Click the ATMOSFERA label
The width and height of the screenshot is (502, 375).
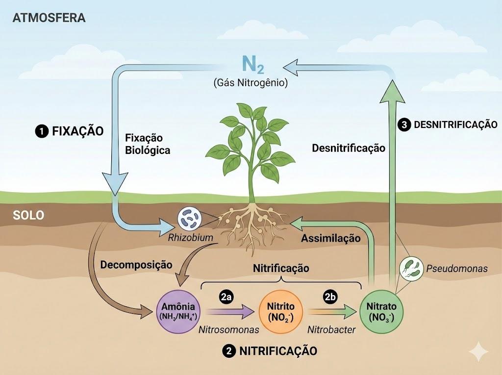click(49, 18)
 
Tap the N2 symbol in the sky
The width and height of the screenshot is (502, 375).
click(252, 65)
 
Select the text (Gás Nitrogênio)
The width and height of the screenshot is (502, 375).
click(251, 83)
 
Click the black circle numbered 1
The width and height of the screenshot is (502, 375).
click(42, 131)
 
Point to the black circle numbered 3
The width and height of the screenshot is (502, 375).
click(404, 125)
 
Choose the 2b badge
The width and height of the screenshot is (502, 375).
click(330, 297)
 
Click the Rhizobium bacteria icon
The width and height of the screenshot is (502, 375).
click(189, 219)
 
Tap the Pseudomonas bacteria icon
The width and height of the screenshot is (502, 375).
click(411, 269)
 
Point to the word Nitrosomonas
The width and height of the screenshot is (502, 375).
click(228, 329)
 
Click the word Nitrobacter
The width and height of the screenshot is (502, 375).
click(331, 329)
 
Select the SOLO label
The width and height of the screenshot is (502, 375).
click(28, 215)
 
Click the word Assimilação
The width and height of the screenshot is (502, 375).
click(331, 238)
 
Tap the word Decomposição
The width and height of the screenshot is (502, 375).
click(136, 265)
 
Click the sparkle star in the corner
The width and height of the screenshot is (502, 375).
click(478, 351)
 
